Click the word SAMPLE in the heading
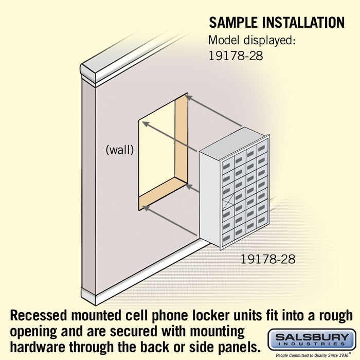click(233, 23)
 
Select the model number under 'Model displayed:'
click(236, 56)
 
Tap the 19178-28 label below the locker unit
click(268, 259)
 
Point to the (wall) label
click(120, 150)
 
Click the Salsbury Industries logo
click(312, 340)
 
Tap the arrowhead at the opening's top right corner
click(189, 98)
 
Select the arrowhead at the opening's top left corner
click(146, 124)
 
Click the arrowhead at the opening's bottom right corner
click(189, 187)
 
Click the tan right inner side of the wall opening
click(182, 138)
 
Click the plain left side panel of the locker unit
click(210, 199)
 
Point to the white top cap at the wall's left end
click(88, 73)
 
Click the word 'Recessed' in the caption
click(39, 315)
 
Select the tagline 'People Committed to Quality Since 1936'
click(312, 355)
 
